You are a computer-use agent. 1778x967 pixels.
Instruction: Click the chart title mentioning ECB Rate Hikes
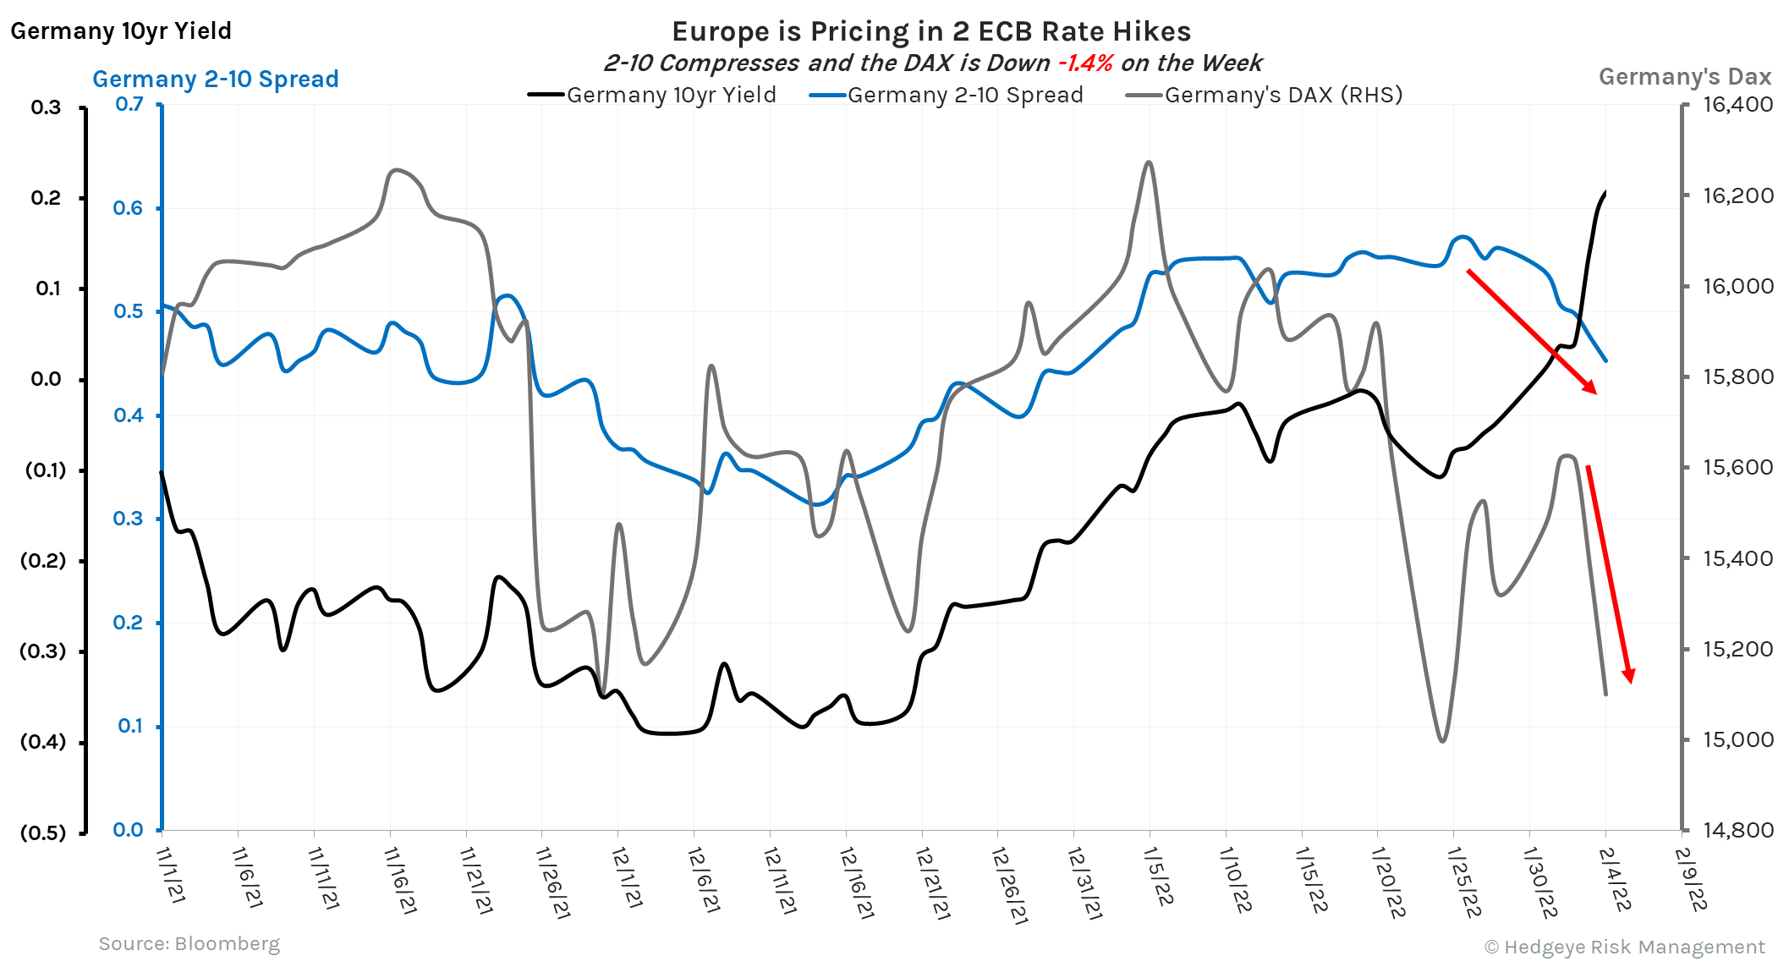point(931,31)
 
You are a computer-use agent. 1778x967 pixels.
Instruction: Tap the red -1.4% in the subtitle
point(1085,63)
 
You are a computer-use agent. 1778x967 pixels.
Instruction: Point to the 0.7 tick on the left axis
point(129,104)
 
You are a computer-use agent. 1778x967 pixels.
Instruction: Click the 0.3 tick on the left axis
point(129,519)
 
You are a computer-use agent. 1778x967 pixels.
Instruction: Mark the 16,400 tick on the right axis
point(1737,105)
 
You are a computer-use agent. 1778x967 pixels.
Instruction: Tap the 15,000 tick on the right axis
point(1737,739)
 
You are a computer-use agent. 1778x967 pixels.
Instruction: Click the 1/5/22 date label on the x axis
point(1159,876)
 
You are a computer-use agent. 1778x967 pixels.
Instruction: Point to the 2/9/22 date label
point(1691,880)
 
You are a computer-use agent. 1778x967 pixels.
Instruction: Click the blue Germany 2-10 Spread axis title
point(216,79)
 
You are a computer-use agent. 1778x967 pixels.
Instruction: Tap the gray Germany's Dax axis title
point(1684,77)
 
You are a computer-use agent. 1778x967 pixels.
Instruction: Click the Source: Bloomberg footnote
point(189,943)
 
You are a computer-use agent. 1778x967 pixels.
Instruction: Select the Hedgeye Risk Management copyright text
point(1625,947)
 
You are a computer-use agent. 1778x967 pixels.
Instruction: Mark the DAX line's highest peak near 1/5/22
point(1148,162)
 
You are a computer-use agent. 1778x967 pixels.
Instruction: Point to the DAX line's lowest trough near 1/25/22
point(1442,741)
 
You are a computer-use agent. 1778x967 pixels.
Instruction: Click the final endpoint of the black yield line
point(1605,193)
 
